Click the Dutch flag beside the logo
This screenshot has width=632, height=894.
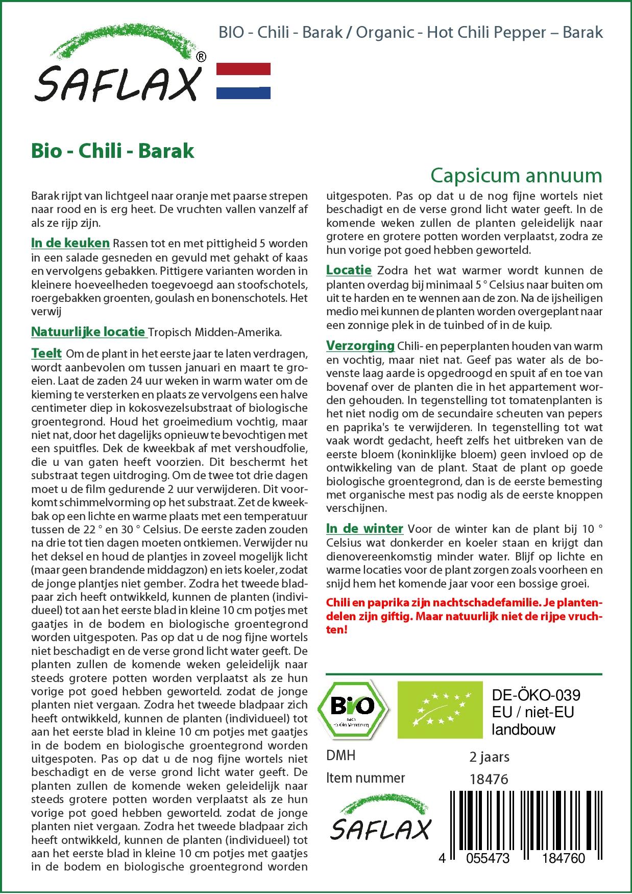click(244, 81)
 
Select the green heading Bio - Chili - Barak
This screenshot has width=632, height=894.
click(113, 151)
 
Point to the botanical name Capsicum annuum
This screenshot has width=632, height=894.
click(516, 175)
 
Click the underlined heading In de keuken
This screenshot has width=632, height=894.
click(70, 243)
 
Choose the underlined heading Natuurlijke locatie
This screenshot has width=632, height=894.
click(88, 332)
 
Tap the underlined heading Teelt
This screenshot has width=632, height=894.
click(46, 354)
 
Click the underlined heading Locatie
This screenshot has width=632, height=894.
click(349, 270)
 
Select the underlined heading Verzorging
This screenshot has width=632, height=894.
click(360, 346)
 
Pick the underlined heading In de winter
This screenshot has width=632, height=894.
click(364, 529)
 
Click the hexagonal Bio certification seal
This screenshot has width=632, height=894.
click(352, 709)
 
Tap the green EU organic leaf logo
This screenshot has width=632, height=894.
click(440, 710)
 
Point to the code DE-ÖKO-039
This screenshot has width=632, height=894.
click(536, 695)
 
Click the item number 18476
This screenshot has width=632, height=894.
click(489, 780)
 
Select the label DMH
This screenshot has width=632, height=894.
click(341, 756)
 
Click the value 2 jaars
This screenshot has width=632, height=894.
click(489, 757)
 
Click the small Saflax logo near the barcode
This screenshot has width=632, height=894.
click(380, 822)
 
